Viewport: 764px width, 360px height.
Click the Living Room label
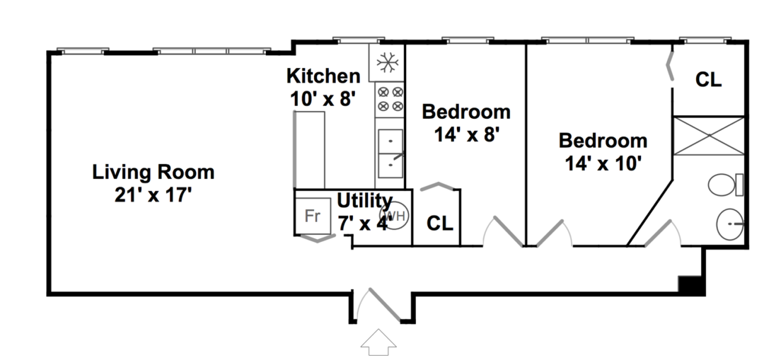153,173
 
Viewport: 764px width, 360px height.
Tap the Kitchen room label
323,76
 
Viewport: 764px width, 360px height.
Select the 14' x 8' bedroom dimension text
466,135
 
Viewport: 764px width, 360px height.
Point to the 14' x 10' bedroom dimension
603,163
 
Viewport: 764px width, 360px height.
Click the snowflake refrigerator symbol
388,62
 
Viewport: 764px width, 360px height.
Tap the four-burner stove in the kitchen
390,99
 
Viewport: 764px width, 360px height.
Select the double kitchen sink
390,153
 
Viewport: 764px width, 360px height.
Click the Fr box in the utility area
313,215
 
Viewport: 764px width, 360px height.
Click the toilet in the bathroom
726,185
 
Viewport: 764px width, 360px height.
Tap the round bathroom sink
730,224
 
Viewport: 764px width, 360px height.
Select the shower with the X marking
708,136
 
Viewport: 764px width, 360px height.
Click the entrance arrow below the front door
378,342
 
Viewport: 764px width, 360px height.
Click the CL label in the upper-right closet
708,80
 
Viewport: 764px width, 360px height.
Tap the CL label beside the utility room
439,223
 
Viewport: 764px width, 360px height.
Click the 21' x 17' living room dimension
153,195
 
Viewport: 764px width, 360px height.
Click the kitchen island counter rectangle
310,150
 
